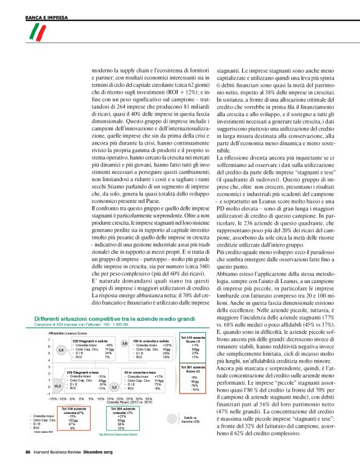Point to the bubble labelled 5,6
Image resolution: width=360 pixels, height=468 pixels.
[60, 350]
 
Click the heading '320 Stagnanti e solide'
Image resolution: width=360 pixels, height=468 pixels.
[92, 341]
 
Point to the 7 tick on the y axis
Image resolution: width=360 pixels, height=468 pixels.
[48, 340]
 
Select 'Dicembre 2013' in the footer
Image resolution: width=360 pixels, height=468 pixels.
[95, 451]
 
